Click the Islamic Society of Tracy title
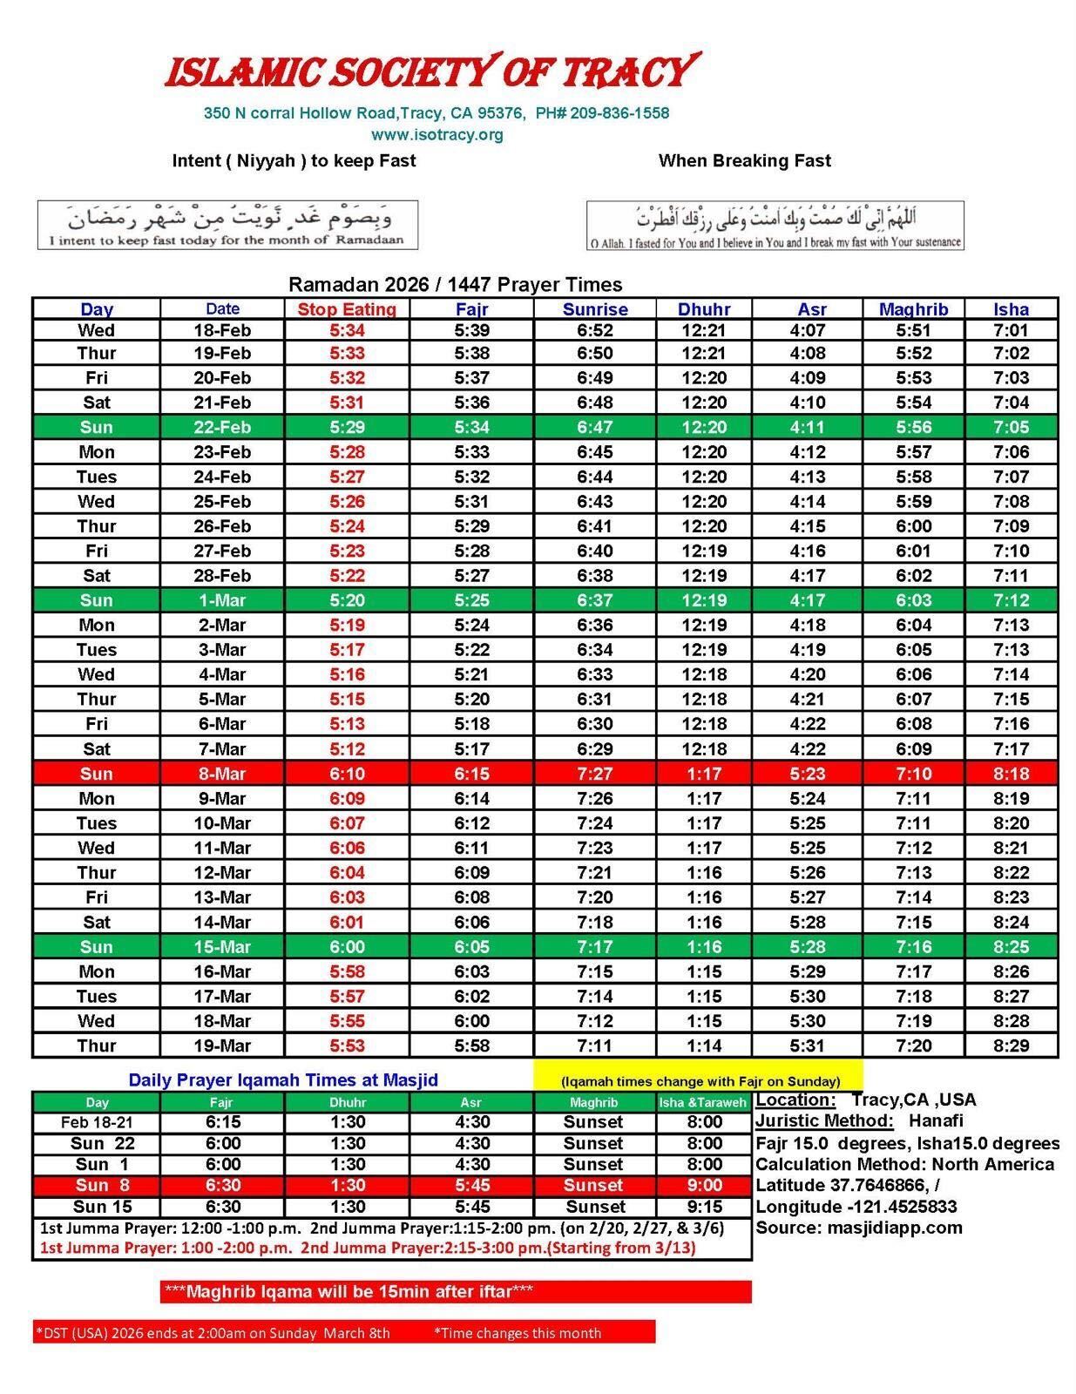pyautogui.click(x=432, y=71)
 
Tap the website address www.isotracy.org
pyautogui.click(x=436, y=135)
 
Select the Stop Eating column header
pyautogui.click(x=347, y=309)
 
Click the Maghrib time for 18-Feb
pyautogui.click(x=913, y=330)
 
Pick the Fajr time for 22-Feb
pyautogui.click(x=471, y=427)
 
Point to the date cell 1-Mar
pyautogui.click(x=222, y=600)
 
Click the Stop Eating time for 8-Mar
pyautogui.click(x=347, y=774)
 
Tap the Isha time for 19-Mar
pyautogui.click(x=1011, y=1045)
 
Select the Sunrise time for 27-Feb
pyautogui.click(x=594, y=551)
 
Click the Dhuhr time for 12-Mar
pyautogui.click(x=702, y=873)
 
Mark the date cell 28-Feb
pyautogui.click(x=222, y=576)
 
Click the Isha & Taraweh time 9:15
pyautogui.click(x=704, y=1207)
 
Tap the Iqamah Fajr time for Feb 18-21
pyautogui.click(x=222, y=1122)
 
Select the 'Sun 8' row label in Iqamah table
pyautogui.click(x=102, y=1185)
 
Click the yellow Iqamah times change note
pyautogui.click(x=700, y=1081)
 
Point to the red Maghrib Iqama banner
pyautogui.click(x=456, y=1291)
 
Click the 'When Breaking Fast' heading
pyautogui.click(x=744, y=160)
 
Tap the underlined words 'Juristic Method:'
pyautogui.click(x=824, y=1121)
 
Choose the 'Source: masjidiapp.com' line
pyautogui.click(x=858, y=1228)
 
